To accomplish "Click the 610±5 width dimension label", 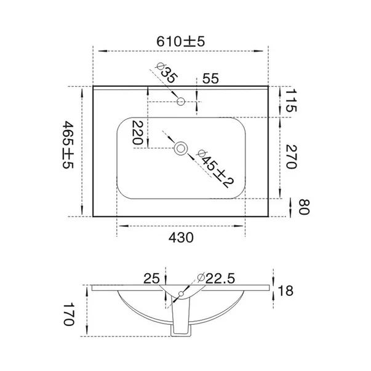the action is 180,42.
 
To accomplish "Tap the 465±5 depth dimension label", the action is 68,145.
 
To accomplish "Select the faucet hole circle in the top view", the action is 181,102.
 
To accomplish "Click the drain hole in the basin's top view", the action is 181,149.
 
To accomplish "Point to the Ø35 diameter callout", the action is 166,73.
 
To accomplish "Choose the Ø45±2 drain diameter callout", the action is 215,169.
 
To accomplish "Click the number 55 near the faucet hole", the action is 210,79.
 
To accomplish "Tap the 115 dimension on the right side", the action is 291,100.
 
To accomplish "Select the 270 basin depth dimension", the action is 291,157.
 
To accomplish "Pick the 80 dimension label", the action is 304,207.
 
